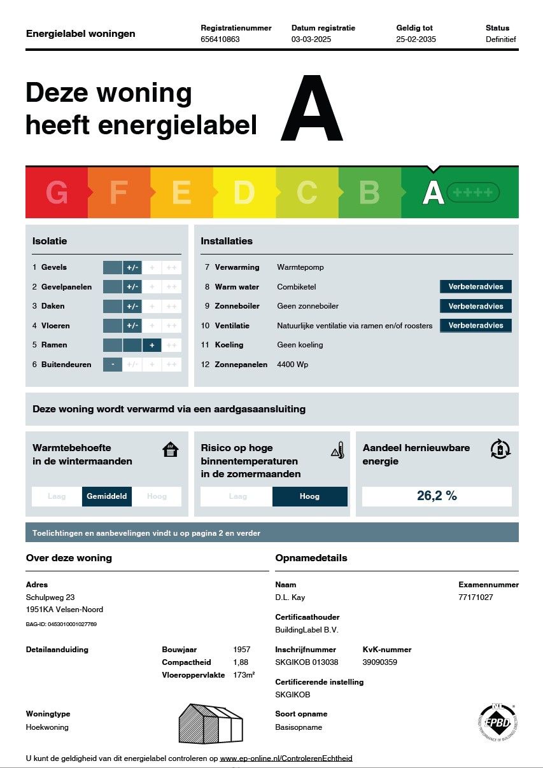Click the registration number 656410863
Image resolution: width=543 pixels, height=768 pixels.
tap(220, 39)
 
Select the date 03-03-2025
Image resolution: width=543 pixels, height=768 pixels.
tap(312, 39)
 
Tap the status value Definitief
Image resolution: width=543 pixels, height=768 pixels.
tap(500, 39)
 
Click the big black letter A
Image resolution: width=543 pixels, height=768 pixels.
tap(311, 109)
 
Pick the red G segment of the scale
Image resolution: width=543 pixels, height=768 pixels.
tap(57, 193)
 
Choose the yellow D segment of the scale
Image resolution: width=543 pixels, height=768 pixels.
tap(244, 193)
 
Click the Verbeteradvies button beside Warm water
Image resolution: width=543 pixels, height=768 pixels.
tap(476, 287)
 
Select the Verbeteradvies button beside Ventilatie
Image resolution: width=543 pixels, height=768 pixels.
tap(476, 326)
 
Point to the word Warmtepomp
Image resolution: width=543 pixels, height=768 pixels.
tap(300, 267)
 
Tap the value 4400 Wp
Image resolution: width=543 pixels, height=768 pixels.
tap(293, 365)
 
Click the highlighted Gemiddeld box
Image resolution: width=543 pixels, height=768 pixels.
tap(107, 496)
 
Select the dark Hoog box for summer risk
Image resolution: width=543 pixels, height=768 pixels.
tap(309, 496)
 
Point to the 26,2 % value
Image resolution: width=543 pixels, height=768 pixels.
tap(437, 496)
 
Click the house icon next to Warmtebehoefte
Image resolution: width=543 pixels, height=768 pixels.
tap(171, 450)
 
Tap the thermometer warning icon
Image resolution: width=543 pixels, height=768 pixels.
tap(338, 450)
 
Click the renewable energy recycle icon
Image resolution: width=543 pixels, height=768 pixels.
tap(500, 449)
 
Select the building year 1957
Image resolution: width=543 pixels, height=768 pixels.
tap(242, 650)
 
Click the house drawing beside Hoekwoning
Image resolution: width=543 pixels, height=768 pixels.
tap(211, 723)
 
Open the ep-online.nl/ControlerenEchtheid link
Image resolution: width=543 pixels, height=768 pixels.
tap(286, 758)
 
